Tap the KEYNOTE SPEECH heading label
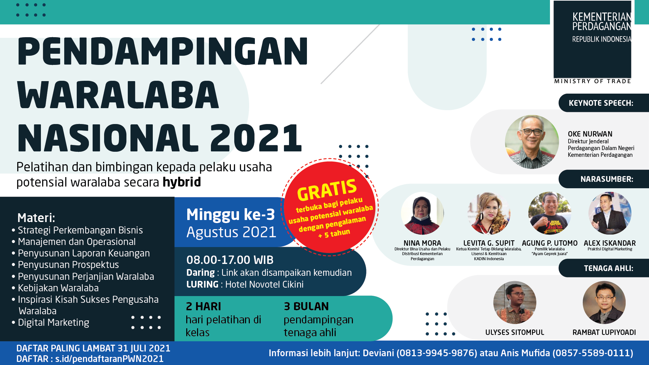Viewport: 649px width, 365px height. click(601, 103)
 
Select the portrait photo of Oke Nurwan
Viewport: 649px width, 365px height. click(532, 142)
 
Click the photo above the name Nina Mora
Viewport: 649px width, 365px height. click(422, 213)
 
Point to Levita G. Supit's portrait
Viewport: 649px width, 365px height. click(489, 213)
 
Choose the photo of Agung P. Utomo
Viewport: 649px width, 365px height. click(550, 213)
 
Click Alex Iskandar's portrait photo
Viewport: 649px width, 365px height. click(610, 213)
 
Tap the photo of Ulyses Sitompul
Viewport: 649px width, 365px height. click(515, 302)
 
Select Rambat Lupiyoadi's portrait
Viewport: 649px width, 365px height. click(604, 302)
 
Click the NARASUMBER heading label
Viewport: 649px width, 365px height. click(607, 179)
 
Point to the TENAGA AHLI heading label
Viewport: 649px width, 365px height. click(608, 268)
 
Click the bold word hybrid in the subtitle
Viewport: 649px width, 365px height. click(182, 182)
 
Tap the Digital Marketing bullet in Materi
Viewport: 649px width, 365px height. click(53, 323)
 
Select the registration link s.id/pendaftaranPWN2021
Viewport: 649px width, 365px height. click(110, 359)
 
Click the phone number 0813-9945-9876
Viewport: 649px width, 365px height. click(437, 353)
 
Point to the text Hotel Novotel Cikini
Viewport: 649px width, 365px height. click(264, 285)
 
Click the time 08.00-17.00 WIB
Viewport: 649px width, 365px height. click(230, 260)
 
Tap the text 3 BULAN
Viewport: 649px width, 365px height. click(306, 306)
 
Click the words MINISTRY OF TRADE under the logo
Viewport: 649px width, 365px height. click(593, 81)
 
